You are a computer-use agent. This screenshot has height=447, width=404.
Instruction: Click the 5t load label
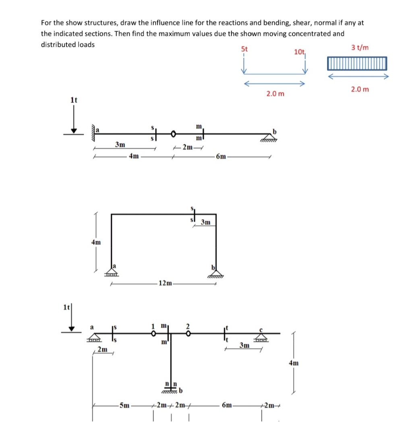(x=244, y=49)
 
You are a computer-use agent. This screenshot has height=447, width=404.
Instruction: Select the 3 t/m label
(x=359, y=48)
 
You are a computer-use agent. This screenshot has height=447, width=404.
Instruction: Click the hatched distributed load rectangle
(x=357, y=63)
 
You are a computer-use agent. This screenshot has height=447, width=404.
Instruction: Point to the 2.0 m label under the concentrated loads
(x=276, y=94)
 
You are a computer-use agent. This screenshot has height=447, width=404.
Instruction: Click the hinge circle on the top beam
(x=173, y=133)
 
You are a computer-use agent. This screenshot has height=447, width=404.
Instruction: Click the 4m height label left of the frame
(x=96, y=242)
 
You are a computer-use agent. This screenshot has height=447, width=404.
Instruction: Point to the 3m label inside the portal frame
(x=205, y=222)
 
